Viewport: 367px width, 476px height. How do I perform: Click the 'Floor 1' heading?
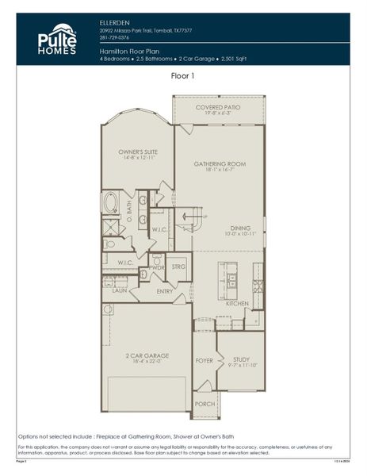[183, 75]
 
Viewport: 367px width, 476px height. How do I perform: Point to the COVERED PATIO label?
[218, 107]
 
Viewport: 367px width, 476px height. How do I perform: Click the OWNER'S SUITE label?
[137, 152]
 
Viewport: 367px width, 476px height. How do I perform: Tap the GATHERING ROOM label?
[220, 164]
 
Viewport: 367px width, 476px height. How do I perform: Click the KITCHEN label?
[238, 304]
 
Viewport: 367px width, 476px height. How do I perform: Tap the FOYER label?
[205, 360]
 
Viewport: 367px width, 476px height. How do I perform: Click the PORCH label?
[205, 404]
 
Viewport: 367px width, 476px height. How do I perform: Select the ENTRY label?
[164, 291]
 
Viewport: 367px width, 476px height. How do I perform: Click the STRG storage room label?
[178, 267]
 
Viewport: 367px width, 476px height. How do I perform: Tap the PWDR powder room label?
[156, 268]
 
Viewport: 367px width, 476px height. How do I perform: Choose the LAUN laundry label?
[120, 291]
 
